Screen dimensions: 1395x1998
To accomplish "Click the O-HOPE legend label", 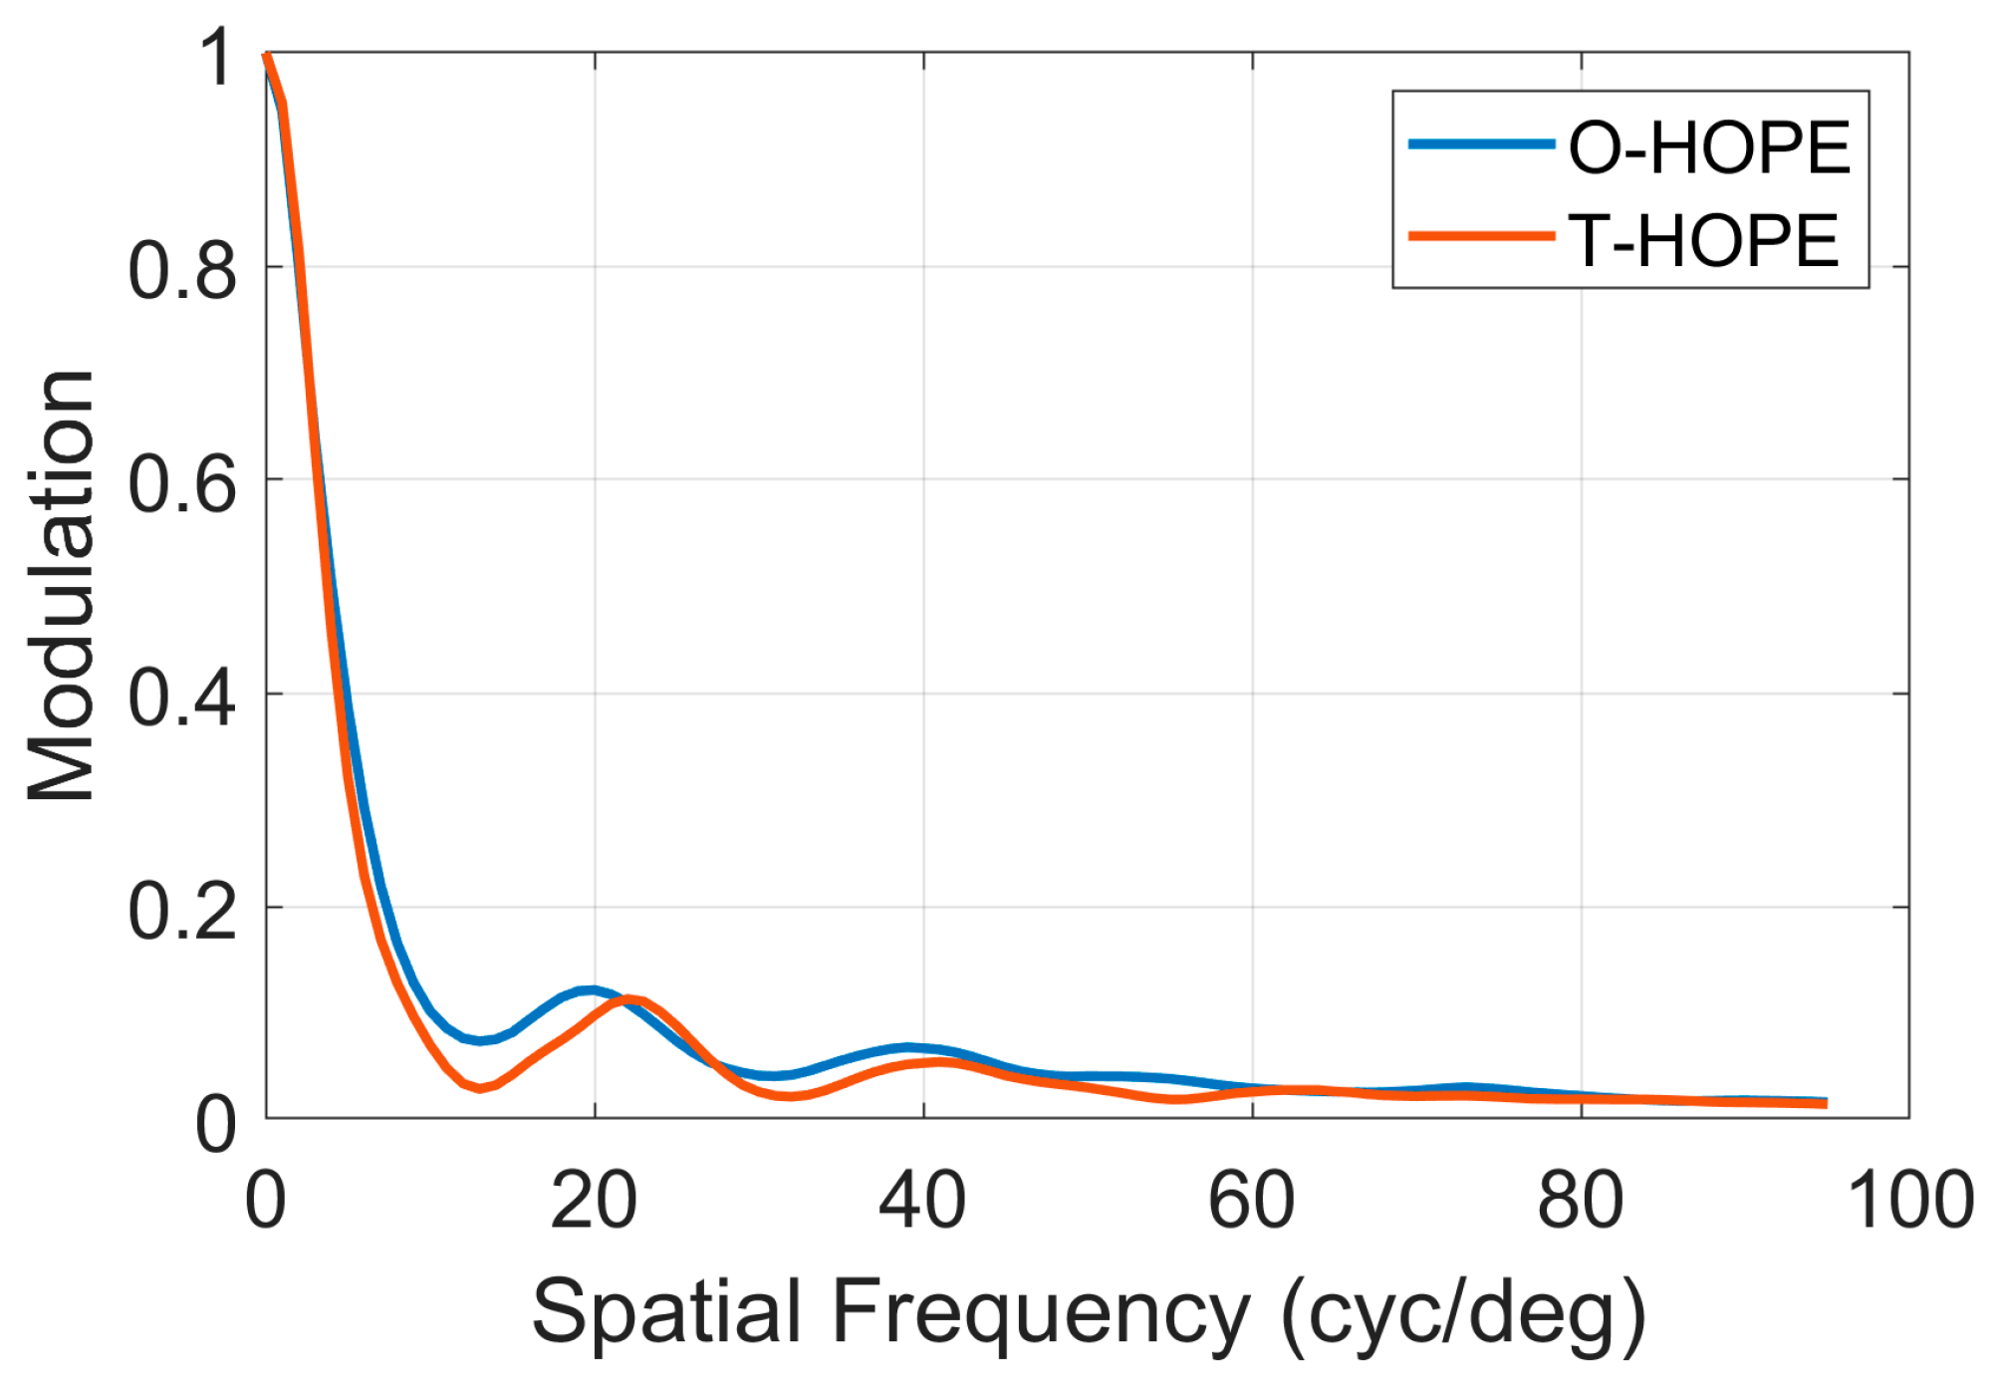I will [x=1708, y=148].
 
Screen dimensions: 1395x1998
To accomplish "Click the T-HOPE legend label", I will [x=1702, y=241].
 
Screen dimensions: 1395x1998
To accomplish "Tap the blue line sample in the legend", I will [x=1481, y=144].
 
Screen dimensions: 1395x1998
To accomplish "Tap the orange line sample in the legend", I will [x=1481, y=236].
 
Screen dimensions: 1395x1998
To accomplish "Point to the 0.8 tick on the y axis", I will [x=182, y=271].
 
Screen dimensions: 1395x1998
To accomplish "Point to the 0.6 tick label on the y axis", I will [x=182, y=485].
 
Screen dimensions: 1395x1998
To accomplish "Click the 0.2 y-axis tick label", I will [x=182, y=912].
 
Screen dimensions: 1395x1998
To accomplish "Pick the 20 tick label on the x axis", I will [x=594, y=1201].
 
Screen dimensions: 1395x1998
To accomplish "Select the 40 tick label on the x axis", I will [x=922, y=1201].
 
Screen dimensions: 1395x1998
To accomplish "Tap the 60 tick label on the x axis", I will [x=1251, y=1201].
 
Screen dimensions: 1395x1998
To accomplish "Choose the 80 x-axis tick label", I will [x=1580, y=1201].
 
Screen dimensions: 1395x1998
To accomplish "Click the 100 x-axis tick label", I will [x=1910, y=1201].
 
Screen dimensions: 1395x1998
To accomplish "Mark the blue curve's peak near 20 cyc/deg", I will [x=592, y=990].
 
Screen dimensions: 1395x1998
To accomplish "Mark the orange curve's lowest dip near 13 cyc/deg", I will [x=480, y=1088].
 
